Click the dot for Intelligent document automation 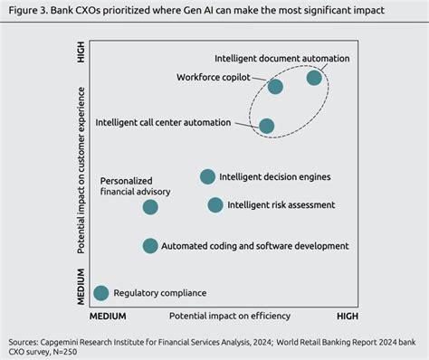tap(314, 78)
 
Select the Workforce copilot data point tap(275, 87)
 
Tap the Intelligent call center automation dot tap(267, 126)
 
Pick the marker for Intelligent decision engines tap(207, 176)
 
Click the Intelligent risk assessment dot tap(214, 205)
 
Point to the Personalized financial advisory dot tap(150, 207)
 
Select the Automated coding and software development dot tap(150, 246)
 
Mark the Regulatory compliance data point tap(100, 292)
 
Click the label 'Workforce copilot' tap(213, 77)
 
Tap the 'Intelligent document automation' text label tap(281, 59)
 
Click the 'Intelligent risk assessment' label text tap(281, 205)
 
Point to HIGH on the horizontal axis tap(348, 316)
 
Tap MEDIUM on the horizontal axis tap(107, 316)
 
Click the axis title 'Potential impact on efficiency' tap(229, 316)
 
